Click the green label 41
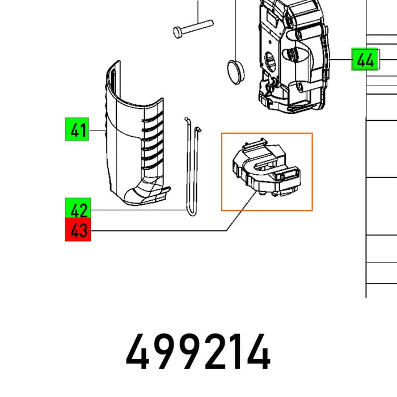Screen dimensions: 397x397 coord(78,131)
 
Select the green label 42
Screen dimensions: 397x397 coord(78,210)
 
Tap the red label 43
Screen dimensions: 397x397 coord(78,231)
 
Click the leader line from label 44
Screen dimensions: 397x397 coord(340,60)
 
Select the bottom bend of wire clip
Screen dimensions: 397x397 coord(189,213)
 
